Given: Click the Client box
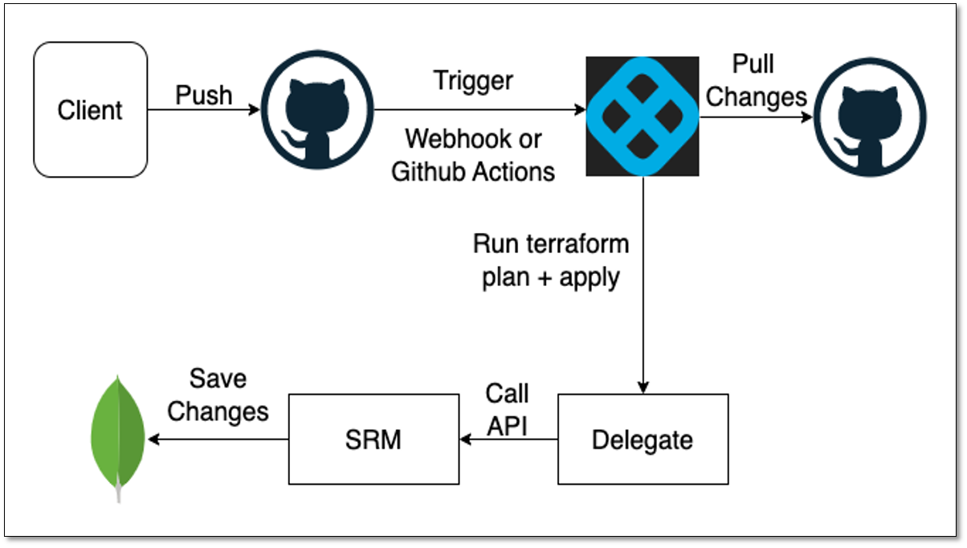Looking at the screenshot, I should pos(90,110).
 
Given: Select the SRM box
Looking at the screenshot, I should pos(373,440).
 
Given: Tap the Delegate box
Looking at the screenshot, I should pos(643,440).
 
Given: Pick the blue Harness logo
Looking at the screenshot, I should pos(642,117).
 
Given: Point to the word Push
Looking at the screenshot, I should pos(204,95).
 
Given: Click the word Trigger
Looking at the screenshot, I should pos(473,80).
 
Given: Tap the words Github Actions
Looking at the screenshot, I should pos(473,170).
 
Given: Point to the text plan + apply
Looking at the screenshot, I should pos(551,277).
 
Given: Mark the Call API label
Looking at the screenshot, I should pos(507,410).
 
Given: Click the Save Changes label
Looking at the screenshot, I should pos(218,395).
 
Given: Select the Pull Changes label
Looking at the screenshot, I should pos(757,80).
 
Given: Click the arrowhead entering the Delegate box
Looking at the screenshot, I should pos(643,386).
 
